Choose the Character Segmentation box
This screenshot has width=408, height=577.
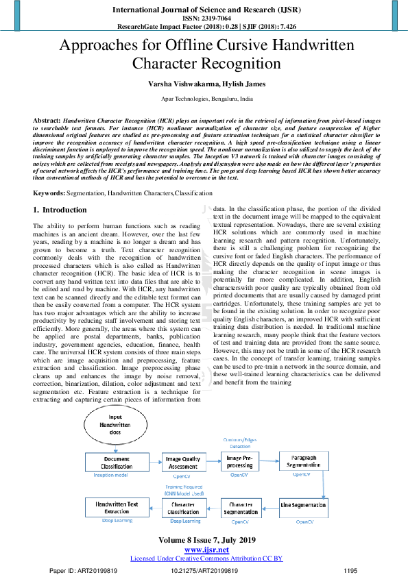[241, 507]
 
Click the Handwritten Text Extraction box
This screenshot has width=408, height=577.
[116, 507]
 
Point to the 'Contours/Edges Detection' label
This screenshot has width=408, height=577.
[239, 442]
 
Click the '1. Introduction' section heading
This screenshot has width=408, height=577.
[60, 210]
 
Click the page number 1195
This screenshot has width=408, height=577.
[350, 570]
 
